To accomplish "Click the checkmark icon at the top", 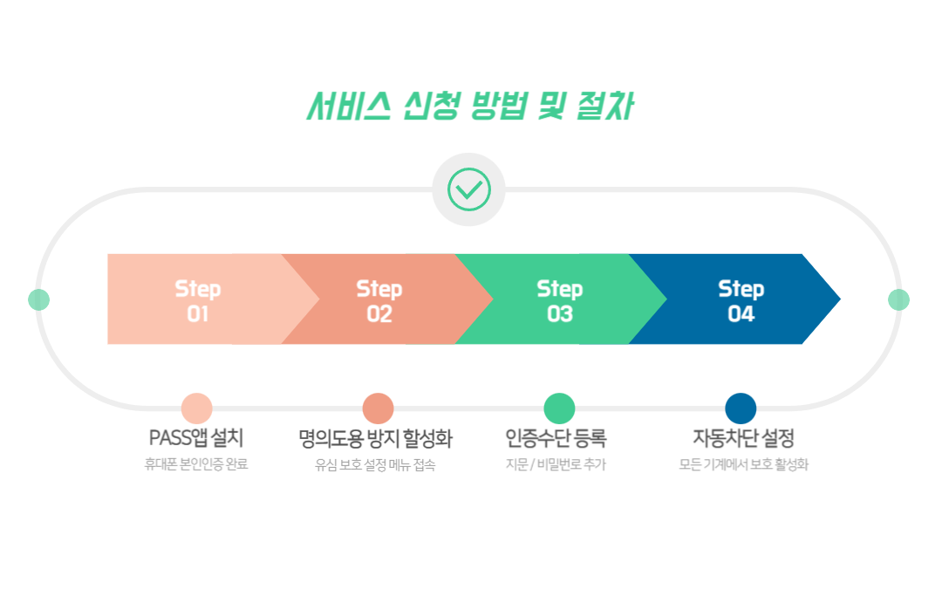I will click(x=468, y=189).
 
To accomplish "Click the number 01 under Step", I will click(x=198, y=314).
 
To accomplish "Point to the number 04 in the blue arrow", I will click(x=741, y=314).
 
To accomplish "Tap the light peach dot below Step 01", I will click(x=197, y=408).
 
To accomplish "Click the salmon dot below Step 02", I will click(x=378, y=408).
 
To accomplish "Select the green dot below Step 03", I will click(x=559, y=408).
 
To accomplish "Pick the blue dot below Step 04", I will click(x=741, y=408).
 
